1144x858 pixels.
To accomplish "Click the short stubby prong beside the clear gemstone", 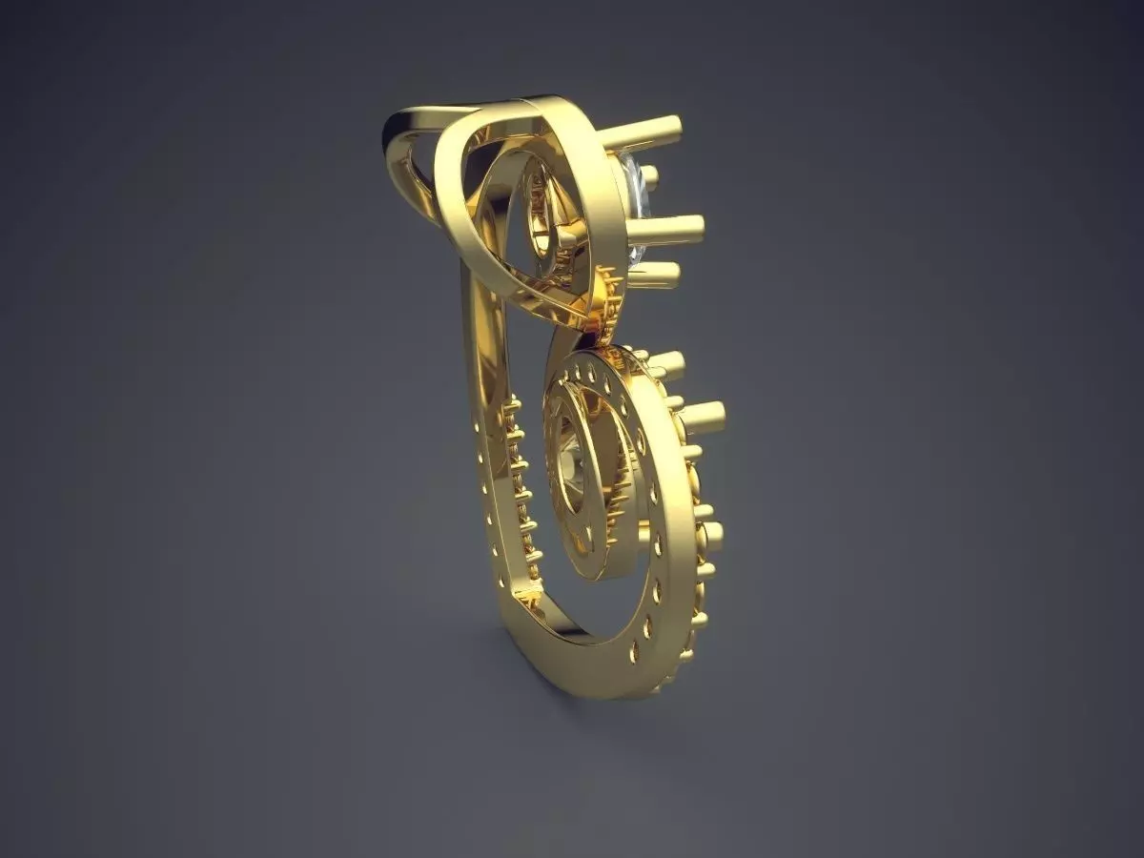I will [649, 174].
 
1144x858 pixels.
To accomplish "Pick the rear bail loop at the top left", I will [405, 153].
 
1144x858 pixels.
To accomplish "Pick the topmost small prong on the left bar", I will [511, 404].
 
